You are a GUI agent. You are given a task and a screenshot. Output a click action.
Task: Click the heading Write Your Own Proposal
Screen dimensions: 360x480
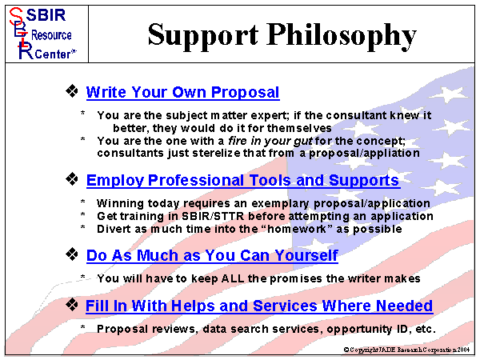[x=182, y=92]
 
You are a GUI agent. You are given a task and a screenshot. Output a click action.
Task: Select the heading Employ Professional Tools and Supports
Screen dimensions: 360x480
[x=242, y=180]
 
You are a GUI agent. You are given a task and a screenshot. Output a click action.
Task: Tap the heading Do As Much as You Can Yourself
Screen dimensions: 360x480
[x=212, y=256]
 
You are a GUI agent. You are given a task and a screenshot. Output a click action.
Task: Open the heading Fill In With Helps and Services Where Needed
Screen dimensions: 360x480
[x=259, y=306]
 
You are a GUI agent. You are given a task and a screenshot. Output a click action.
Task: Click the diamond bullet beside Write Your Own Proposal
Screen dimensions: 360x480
[x=72, y=91]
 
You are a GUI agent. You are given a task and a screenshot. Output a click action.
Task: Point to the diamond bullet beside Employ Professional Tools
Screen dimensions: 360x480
[x=72, y=179]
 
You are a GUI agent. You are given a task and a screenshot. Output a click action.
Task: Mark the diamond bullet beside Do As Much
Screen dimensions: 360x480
[x=72, y=255]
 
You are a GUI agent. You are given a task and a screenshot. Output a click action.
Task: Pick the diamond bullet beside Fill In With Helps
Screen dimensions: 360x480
[x=72, y=305]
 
